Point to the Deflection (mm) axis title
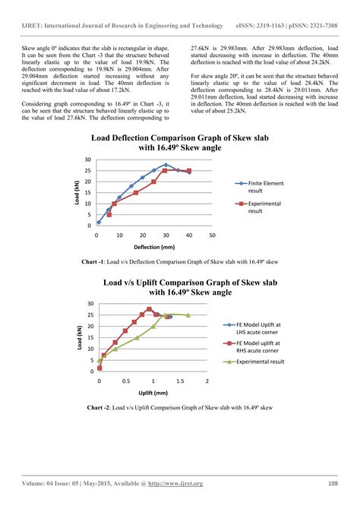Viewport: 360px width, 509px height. pyautogui.click(x=154, y=248)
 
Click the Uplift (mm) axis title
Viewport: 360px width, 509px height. pyautogui.click(x=152, y=393)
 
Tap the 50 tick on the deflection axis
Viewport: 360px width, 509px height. pyautogui.click(x=212, y=236)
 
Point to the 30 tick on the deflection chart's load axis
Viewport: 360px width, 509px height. pyautogui.click(x=87, y=160)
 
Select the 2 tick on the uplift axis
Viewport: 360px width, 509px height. pyautogui.click(x=208, y=380)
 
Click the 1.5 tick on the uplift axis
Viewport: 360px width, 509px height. pyautogui.click(x=181, y=380)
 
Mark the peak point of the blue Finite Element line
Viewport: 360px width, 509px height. pyautogui.click(x=166, y=165)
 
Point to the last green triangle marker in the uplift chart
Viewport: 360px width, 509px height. pyautogui.click(x=188, y=315)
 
